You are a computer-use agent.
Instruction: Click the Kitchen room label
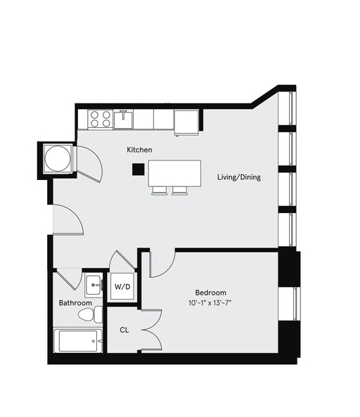point(139,150)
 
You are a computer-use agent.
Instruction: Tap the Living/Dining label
point(239,177)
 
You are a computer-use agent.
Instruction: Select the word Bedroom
point(210,293)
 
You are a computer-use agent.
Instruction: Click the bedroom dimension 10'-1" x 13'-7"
point(210,304)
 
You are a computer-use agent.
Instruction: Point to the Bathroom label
point(75,303)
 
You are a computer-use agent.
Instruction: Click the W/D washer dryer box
point(122,286)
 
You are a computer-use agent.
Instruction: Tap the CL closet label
point(124,329)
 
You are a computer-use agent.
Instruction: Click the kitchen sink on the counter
point(124,119)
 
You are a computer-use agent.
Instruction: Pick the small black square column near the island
point(139,169)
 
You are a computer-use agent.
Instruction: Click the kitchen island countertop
point(174,173)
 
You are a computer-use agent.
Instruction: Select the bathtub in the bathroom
point(79,341)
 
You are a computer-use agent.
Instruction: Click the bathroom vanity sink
point(94,285)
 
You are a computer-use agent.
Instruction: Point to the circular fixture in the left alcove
point(58,159)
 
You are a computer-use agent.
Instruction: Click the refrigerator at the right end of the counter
point(186,121)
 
